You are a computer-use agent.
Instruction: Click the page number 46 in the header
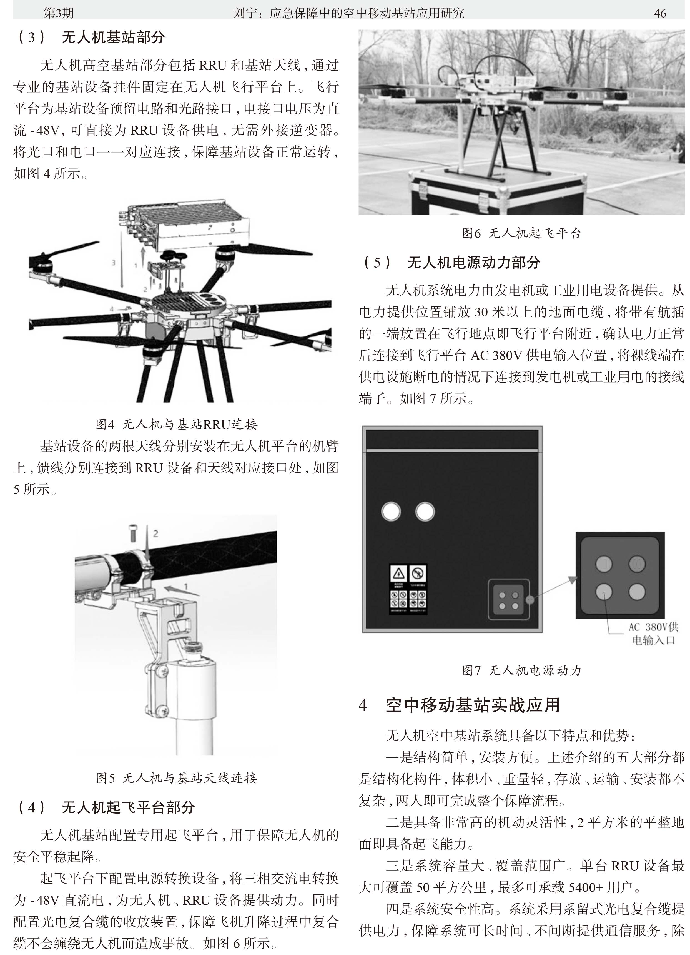pyautogui.click(x=660, y=13)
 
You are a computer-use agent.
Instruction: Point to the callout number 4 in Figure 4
pyautogui.click(x=112, y=309)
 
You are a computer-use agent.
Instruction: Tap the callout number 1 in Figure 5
pyautogui.click(x=186, y=587)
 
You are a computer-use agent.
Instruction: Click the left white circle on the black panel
pyautogui.click(x=391, y=512)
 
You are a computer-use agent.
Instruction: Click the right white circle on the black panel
pyautogui.click(x=425, y=512)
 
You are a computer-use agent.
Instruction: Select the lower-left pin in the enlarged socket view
pyautogui.click(x=604, y=591)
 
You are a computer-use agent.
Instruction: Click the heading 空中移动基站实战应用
pyautogui.click(x=473, y=705)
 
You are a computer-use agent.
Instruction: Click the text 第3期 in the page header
pyautogui.click(x=59, y=13)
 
